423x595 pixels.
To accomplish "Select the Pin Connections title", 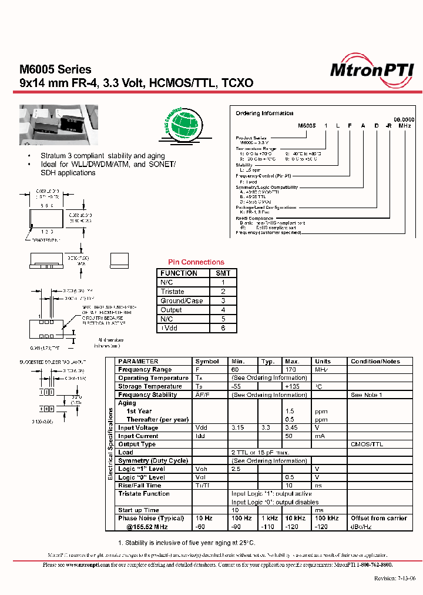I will click(x=196, y=262).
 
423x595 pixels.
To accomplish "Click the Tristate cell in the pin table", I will click(x=172, y=292).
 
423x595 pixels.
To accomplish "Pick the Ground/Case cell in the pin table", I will click(x=182, y=301).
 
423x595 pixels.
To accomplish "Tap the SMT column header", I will click(x=223, y=273).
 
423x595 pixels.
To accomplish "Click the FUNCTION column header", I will click(x=179, y=273).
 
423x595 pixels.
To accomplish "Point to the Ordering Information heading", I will click(x=264, y=113).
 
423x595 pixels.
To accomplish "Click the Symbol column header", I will click(x=207, y=362).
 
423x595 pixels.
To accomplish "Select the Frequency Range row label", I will click(x=145, y=370).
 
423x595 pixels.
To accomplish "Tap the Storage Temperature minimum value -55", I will click(x=237, y=386).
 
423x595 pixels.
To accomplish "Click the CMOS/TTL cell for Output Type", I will click(x=367, y=444).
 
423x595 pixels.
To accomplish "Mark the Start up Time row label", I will click(x=138, y=510).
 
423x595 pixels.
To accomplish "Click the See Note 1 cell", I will click(x=366, y=395).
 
